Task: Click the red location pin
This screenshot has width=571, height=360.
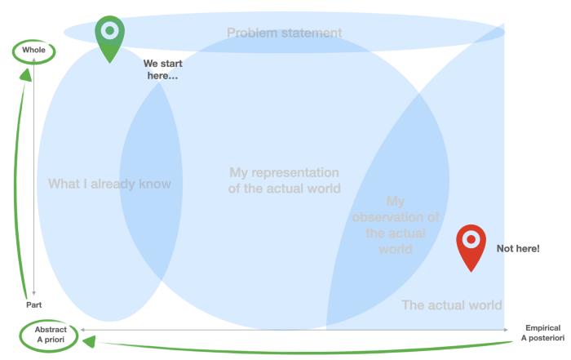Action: click(471, 245)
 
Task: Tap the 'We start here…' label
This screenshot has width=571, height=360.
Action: click(162, 69)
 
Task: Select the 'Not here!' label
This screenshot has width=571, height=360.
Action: click(518, 248)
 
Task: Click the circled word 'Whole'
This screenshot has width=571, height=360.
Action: click(34, 51)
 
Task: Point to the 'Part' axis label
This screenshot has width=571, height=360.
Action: click(34, 304)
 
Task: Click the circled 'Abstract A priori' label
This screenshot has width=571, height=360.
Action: click(51, 336)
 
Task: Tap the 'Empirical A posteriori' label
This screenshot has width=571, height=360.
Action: click(542, 333)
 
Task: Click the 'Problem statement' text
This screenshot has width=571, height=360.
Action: click(284, 33)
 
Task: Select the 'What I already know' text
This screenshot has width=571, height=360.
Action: click(109, 184)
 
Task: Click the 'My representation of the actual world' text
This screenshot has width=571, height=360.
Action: click(284, 180)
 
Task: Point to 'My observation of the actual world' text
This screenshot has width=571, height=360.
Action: click(395, 224)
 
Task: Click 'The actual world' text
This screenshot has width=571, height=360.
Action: click(452, 305)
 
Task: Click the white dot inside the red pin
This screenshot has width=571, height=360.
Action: click(471, 239)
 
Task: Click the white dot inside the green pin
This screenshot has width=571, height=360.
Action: click(110, 30)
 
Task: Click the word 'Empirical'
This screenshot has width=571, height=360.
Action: click(542, 328)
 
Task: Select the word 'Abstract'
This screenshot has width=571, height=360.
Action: click(51, 330)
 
